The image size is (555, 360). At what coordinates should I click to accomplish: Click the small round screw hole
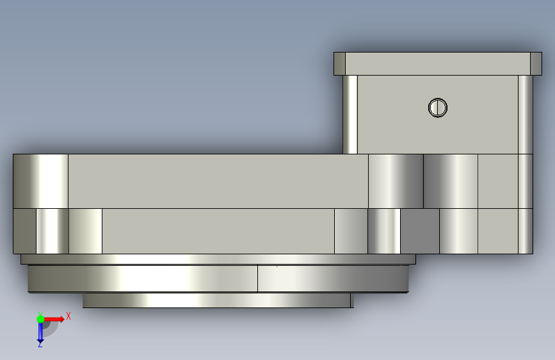click(x=438, y=108)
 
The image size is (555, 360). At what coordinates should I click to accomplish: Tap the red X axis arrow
click(x=54, y=319)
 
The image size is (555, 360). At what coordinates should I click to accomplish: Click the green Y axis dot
click(x=40, y=319)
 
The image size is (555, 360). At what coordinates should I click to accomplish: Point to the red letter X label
click(x=68, y=316)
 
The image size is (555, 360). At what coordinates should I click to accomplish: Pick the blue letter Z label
click(x=40, y=345)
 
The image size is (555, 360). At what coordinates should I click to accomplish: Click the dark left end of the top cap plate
click(x=339, y=64)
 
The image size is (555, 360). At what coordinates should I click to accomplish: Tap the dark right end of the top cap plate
click(x=536, y=64)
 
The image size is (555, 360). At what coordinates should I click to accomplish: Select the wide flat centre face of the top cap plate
click(x=437, y=64)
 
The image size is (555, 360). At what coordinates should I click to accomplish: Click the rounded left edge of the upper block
click(x=350, y=115)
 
